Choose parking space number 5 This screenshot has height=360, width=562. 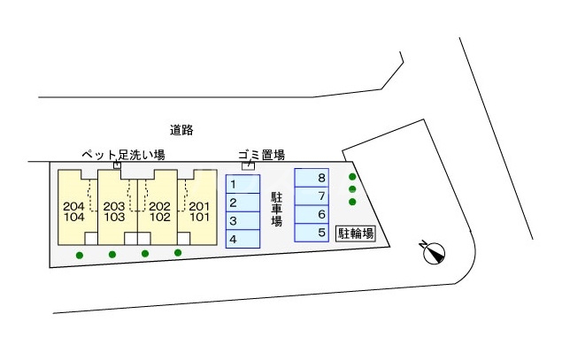[x=312, y=234]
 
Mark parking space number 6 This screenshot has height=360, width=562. [x=312, y=215]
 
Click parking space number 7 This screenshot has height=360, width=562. [x=312, y=196]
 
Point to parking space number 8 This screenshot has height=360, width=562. [x=312, y=178]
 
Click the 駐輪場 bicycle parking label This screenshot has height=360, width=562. [x=355, y=234]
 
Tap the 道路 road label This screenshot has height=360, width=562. [x=181, y=130]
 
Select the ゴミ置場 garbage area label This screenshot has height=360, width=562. [x=261, y=154]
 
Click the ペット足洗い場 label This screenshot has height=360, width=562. [x=123, y=154]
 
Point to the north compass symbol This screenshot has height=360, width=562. [x=434, y=253]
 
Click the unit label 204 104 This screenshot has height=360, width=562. [x=74, y=211]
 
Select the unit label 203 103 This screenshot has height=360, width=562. [x=113, y=211]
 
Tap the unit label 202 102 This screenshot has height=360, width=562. [x=159, y=211]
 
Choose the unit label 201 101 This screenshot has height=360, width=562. [x=199, y=211]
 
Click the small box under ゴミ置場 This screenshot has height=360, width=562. [x=249, y=165]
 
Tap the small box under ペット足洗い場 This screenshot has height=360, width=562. [x=118, y=165]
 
